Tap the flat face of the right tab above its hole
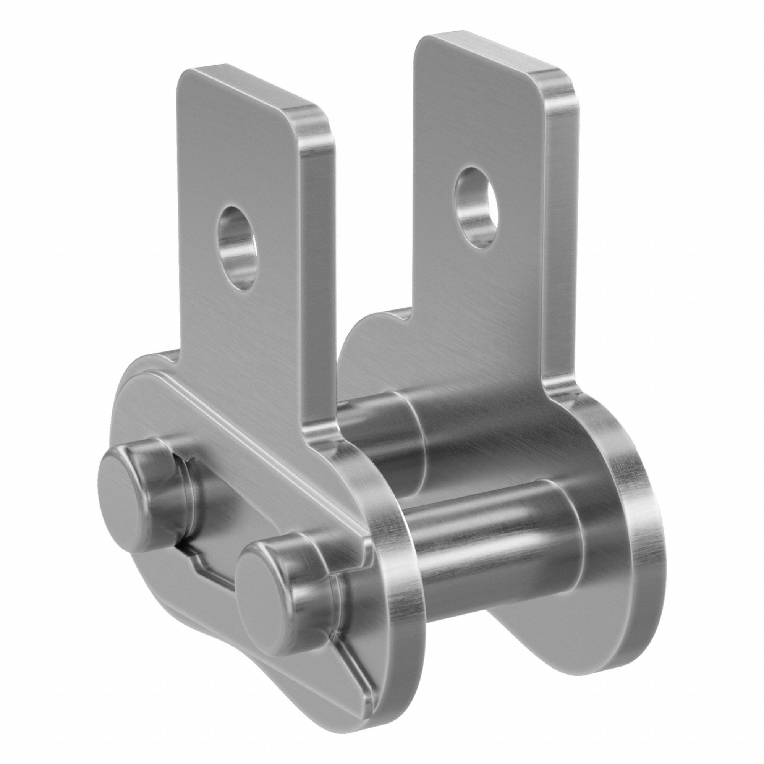point(474,119)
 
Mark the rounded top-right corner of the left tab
point(316,115)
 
